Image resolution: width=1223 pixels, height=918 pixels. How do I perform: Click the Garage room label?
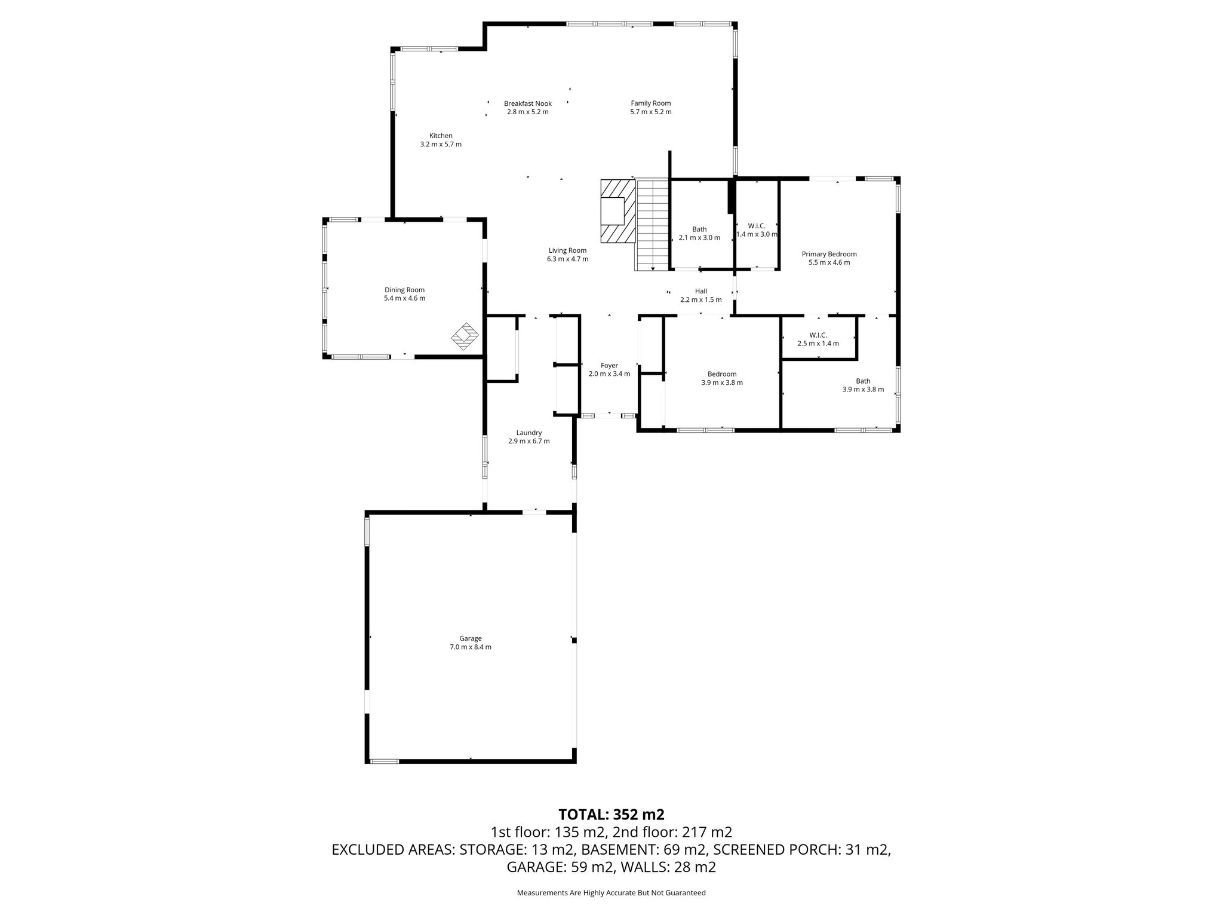point(471,638)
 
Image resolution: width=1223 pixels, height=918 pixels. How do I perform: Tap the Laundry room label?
point(528,433)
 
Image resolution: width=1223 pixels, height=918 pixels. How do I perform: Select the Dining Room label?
point(404,290)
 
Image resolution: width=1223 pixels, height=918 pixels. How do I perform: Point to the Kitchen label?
point(441,136)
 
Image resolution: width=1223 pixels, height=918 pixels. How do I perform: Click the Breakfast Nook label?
point(527,103)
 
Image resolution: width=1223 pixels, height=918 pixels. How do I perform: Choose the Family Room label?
point(650,103)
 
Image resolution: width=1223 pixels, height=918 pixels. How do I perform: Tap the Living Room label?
point(567,250)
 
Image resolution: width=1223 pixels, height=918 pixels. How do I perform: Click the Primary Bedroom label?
point(829,254)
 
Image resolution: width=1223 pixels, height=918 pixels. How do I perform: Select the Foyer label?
point(609,366)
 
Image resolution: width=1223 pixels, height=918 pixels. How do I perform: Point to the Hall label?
point(700,291)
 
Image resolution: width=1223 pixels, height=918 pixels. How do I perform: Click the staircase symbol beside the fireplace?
point(653,225)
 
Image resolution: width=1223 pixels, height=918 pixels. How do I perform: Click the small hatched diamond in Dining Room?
point(465,337)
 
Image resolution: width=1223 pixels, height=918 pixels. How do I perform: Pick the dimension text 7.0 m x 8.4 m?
point(471,647)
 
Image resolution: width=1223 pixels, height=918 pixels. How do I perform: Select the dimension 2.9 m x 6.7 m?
point(528,441)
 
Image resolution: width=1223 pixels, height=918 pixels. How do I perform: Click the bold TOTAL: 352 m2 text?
point(611,815)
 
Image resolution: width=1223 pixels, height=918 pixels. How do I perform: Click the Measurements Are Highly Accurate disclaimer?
point(611,893)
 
